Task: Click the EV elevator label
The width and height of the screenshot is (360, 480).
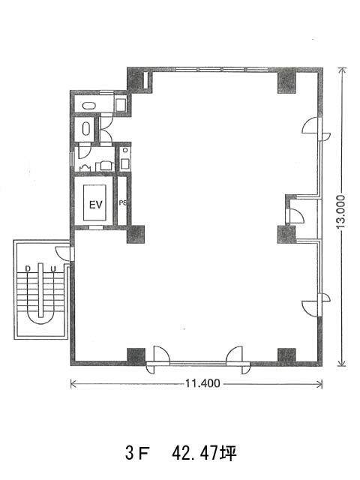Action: point(95,204)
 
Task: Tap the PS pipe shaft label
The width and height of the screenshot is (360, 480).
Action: point(123,202)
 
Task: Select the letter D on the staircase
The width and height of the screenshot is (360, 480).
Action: point(28,268)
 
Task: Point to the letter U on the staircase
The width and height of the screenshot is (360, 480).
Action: point(53,269)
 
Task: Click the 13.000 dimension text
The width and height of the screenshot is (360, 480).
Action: point(340,211)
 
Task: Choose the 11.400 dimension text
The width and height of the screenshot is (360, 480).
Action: point(202,383)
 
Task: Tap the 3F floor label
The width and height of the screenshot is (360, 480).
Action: point(136,453)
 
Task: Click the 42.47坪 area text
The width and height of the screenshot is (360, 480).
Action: point(204,453)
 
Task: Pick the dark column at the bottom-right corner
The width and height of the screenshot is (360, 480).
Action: point(286,355)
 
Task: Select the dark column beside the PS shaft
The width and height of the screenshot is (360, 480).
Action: point(136,234)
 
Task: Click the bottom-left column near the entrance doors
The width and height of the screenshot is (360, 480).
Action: point(136,355)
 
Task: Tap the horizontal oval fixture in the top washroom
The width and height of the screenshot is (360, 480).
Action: point(89,106)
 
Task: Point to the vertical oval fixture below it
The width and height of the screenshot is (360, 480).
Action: point(86,129)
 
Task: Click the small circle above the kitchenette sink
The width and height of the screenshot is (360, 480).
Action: point(125,150)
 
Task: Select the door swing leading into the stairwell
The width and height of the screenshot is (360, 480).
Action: point(62,250)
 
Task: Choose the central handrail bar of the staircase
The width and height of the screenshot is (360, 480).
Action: point(40,290)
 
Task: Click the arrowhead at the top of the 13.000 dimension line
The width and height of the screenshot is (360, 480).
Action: point(341,70)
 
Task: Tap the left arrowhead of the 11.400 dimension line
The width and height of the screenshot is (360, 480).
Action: point(73,383)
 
